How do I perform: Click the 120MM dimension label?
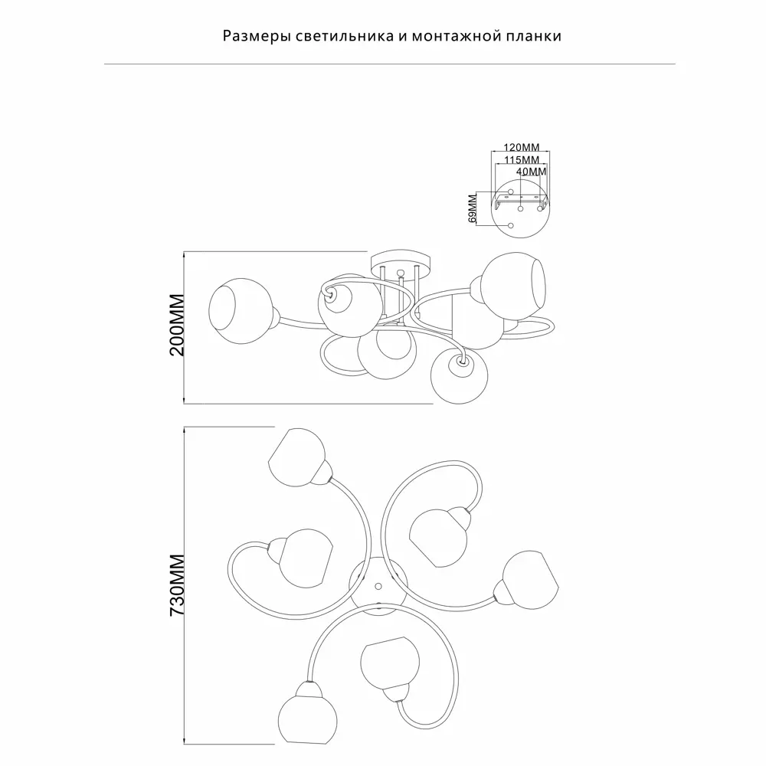[521, 147]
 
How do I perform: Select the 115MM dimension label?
[521, 160]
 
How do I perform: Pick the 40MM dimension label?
[531, 172]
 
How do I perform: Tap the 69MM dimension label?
[473, 208]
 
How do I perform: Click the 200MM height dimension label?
[178, 326]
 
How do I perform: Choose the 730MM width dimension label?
[178, 585]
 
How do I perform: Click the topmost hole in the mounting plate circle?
[511, 191]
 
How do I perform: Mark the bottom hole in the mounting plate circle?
[511, 226]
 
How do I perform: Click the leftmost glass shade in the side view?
[239, 311]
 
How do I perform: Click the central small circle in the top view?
[378, 585]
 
